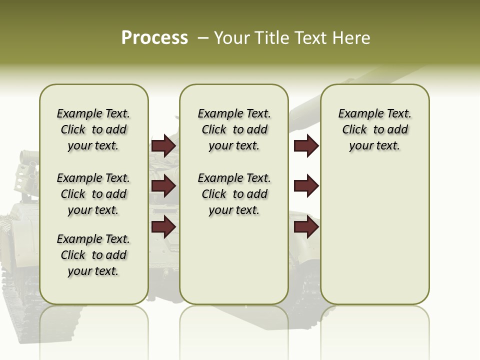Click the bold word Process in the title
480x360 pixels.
click(154, 37)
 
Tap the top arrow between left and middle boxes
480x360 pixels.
click(163, 146)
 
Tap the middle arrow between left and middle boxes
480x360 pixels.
click(163, 186)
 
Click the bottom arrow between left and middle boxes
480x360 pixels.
click(163, 226)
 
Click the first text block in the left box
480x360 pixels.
click(93, 129)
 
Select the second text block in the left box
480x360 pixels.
click(93, 194)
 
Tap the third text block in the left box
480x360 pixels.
click(93, 255)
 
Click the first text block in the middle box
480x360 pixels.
click(234, 129)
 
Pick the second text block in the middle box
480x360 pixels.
click(234, 194)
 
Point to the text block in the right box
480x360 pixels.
click(375, 129)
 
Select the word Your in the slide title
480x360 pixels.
click(230, 38)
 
